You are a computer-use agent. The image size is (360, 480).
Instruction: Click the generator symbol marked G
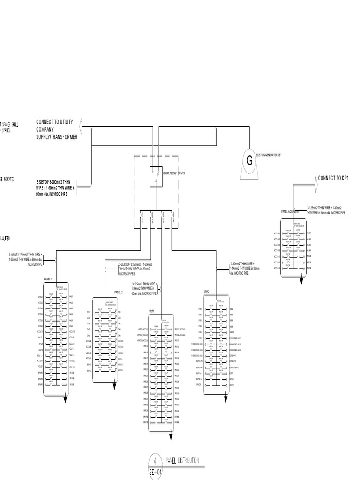tap(249, 161)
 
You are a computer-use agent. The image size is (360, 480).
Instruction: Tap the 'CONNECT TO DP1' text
tap(334, 178)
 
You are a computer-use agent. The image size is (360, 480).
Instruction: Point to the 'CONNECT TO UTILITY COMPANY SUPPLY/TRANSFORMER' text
tap(56, 129)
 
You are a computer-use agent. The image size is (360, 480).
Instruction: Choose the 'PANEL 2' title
tap(118, 292)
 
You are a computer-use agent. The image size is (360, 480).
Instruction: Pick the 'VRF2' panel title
tap(206, 291)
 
